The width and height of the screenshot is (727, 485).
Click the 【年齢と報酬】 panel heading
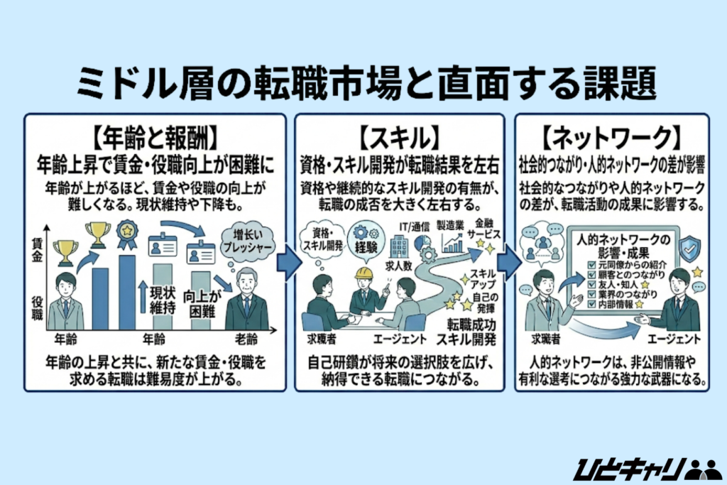click(x=155, y=134)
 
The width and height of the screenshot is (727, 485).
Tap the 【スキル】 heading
click(x=400, y=134)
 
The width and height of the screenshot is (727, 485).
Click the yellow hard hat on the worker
click(x=364, y=273)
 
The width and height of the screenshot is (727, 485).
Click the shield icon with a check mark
click(x=689, y=250)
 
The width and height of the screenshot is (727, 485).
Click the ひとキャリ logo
click(x=645, y=467)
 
